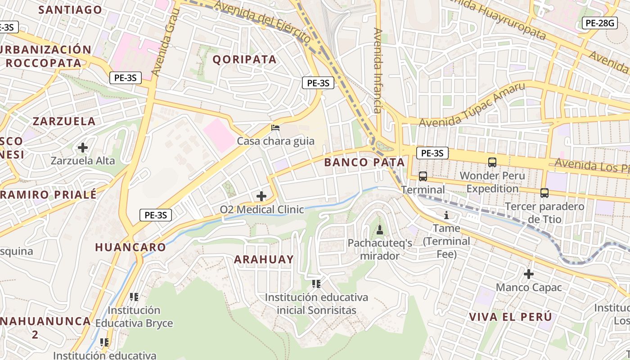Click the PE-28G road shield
tap(599, 23)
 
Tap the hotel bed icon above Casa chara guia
tap(275, 128)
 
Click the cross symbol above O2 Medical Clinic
tap(261, 196)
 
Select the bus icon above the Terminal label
tap(423, 176)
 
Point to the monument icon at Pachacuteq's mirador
tap(380, 230)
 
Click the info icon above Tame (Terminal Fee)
tap(446, 215)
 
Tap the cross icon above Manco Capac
tap(529, 274)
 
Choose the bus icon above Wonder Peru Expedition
tap(492, 162)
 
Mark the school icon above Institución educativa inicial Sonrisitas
tap(316, 283)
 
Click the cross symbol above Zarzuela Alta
tap(83, 147)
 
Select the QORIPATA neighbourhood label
tap(244, 59)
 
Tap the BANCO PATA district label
tap(364, 162)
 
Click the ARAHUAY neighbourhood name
tap(264, 259)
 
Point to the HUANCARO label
tap(130, 247)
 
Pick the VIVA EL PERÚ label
tap(510, 316)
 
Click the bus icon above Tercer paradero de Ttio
tap(544, 193)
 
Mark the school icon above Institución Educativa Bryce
tap(134, 297)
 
